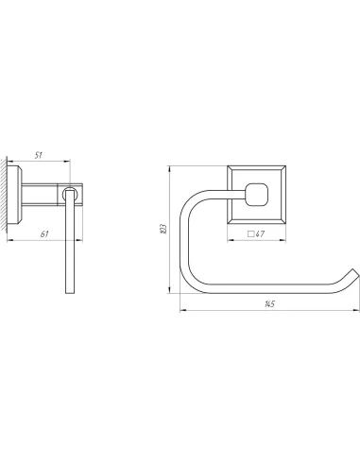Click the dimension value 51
39,155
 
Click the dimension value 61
44,234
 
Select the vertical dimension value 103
163,229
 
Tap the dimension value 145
269,303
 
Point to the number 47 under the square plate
260,234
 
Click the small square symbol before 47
251,234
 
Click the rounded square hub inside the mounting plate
257,195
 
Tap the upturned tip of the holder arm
355,274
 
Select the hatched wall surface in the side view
4,194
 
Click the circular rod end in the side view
70,194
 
